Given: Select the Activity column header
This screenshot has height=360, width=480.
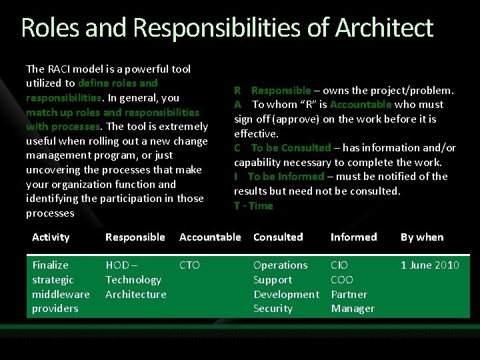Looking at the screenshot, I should [51, 237].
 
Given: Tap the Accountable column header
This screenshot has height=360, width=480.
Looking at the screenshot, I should [210, 237].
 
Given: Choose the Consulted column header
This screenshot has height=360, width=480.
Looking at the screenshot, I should [278, 237].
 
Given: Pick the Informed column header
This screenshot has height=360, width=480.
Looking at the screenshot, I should [353, 237].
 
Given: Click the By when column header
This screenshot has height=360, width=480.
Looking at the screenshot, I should [421, 237].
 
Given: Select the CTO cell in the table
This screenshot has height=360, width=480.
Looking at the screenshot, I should [189, 265].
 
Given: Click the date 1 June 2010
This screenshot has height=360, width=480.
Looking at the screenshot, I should [429, 265].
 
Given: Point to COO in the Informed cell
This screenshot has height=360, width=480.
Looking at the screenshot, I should [341, 280].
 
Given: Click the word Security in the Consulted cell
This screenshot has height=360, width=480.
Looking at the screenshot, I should [273, 309].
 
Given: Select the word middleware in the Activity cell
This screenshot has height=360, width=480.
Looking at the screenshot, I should [61, 294].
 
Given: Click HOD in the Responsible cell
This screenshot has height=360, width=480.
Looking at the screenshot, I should [117, 265].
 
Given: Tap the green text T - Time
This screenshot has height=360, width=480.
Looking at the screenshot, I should [253, 206].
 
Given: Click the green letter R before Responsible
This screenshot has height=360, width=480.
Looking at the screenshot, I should [237, 90].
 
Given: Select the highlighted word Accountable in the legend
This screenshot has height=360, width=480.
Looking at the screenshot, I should [360, 105].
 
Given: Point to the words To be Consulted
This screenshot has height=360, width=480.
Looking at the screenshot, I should [291, 148].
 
